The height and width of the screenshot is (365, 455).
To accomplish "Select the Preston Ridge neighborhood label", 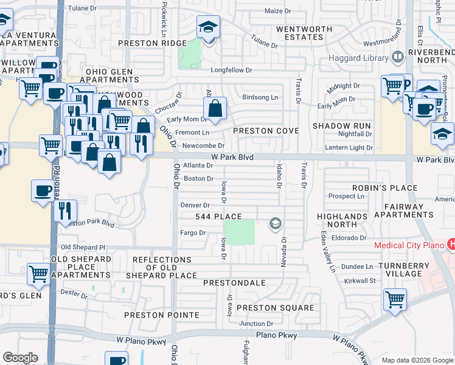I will (x=152, y=43).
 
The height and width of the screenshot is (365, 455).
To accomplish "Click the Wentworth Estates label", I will (x=304, y=33).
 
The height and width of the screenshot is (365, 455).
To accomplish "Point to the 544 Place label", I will (x=218, y=217).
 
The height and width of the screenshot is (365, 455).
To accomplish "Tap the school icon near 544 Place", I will (x=276, y=224).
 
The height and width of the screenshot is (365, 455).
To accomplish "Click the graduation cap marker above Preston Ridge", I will (x=208, y=28).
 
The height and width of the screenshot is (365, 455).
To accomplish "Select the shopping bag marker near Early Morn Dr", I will (x=215, y=109).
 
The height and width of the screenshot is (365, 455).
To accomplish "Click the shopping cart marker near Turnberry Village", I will (x=395, y=300).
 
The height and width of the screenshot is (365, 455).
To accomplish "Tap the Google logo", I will (x=20, y=358).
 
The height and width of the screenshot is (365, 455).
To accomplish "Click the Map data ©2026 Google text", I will (x=417, y=360).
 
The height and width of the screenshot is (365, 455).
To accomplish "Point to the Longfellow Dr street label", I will (x=231, y=71).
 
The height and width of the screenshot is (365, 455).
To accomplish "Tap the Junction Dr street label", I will (x=256, y=324).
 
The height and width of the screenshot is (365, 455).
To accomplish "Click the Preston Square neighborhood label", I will (x=275, y=308).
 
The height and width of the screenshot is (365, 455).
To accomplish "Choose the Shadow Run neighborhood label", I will (x=341, y=125).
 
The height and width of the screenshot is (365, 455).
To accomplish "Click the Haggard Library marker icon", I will (x=398, y=57).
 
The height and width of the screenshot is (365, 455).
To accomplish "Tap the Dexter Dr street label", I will (x=74, y=293).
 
